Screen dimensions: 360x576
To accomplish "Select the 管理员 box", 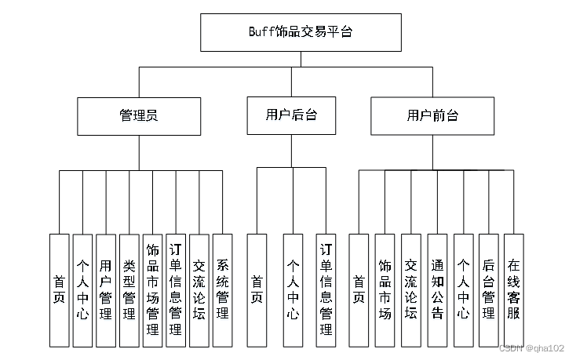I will (139, 115).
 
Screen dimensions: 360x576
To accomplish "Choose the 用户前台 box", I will (432, 115).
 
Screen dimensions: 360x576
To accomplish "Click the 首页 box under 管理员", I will (59, 290).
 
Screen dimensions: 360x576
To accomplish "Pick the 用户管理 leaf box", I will (106, 290).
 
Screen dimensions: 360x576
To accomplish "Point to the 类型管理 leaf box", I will (129, 290).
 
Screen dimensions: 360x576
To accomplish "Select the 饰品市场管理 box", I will (153, 290).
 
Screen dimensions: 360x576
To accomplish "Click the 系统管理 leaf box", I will (223, 290).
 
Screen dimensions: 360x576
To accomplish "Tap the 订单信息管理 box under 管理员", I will (176, 290).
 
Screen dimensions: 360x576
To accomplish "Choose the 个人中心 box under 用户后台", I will (293, 290).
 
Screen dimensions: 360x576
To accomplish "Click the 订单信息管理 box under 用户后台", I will (326, 290).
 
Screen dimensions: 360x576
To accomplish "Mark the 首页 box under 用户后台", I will (257, 290).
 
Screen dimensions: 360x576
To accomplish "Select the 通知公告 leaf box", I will (437, 290).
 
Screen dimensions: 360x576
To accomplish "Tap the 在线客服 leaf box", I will (513, 290).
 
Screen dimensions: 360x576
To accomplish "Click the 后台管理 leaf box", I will (488, 290).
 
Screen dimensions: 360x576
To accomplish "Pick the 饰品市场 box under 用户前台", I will (385, 290).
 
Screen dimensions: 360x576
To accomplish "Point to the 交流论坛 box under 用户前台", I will (410, 290).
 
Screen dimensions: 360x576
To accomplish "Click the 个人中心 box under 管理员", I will (82, 290).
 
